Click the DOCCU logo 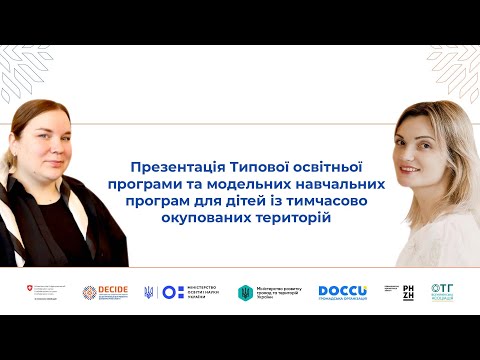pyautogui.click(x=343, y=290)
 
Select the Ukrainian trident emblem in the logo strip pyautogui.click(x=149, y=292)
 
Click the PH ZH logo pyautogui.click(x=407, y=291)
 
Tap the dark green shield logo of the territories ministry pyautogui.click(x=244, y=293)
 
